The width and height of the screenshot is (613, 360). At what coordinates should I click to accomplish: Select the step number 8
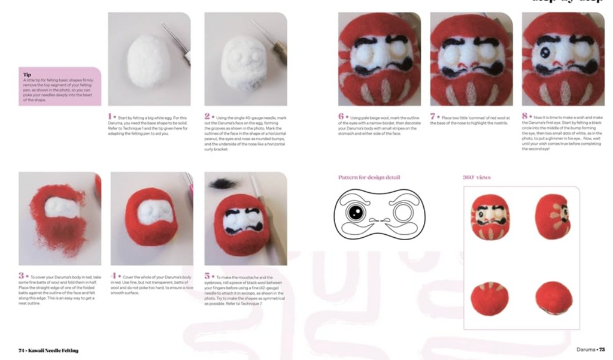click(x=525, y=116)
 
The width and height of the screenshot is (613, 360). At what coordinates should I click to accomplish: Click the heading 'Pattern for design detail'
click(x=369, y=177)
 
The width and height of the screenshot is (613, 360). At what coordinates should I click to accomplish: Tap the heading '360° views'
click(x=477, y=177)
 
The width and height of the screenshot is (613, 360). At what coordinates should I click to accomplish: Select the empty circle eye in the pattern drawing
click(x=401, y=212)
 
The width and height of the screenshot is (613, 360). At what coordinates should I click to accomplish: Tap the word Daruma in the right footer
click(x=586, y=350)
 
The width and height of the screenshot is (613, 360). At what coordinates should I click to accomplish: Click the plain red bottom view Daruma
click(x=553, y=298)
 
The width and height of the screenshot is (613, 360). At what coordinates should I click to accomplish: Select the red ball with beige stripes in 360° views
click(x=490, y=298)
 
